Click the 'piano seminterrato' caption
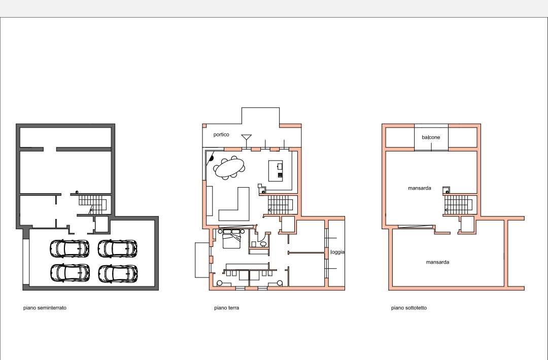pyautogui.click(x=45, y=308)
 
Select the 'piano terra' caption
pyautogui.click(x=226, y=308)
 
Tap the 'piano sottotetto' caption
pyautogui.click(x=409, y=308)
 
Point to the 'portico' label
pyautogui.click(x=221, y=135)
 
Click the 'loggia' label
pyautogui.click(x=337, y=252)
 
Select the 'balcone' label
pyautogui.click(x=431, y=137)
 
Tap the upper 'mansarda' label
pyautogui.click(x=420, y=188)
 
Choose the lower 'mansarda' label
pyautogui.click(x=437, y=262)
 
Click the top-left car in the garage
pyautogui.click(x=70, y=248)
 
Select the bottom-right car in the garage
pyautogui.click(x=118, y=273)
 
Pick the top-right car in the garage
pyautogui.click(x=117, y=248)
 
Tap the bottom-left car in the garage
pyautogui.click(x=70, y=273)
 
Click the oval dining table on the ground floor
pyautogui.click(x=230, y=168)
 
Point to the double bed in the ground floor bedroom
pyautogui.click(x=231, y=238)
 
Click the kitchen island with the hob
pyautogui.click(x=276, y=171)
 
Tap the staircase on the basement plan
pyautogui.click(x=93, y=204)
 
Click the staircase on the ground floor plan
pyautogui.click(x=281, y=204)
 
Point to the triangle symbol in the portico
pyautogui.click(x=247, y=137)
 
